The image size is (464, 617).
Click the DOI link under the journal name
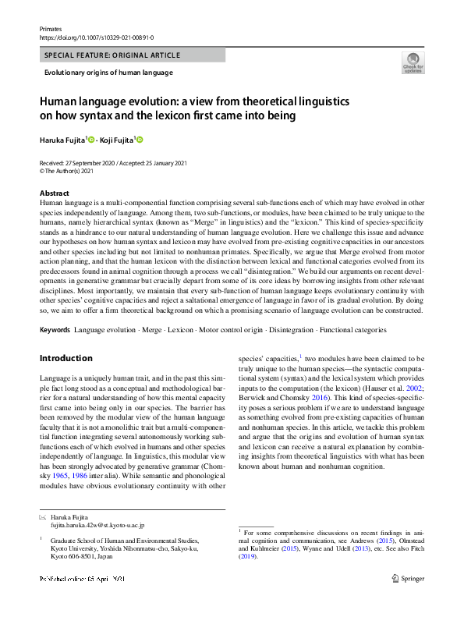click(x=96, y=37)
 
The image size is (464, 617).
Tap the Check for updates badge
click(x=412, y=62)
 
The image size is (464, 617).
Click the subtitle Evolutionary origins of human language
click(x=108, y=73)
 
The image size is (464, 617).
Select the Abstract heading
click(x=54, y=193)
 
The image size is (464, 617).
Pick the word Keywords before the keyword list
click(x=55, y=330)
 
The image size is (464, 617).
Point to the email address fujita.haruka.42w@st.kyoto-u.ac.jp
click(x=97, y=527)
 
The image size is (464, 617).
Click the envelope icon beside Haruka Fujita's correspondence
click(x=42, y=517)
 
